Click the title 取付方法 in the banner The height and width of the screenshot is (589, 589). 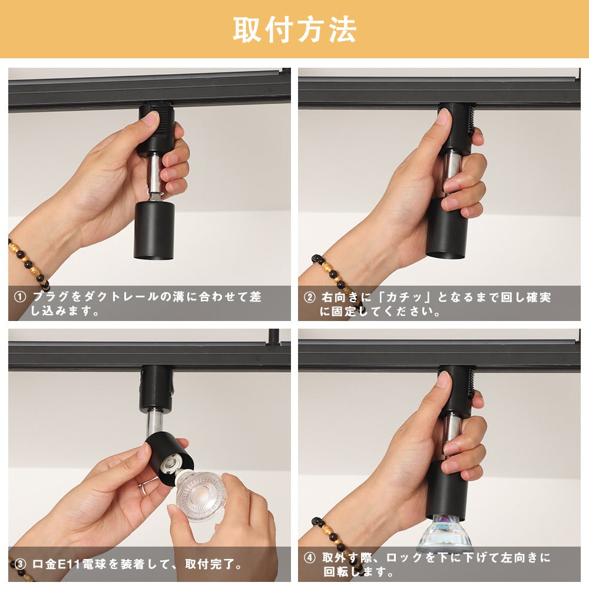pos(294,29)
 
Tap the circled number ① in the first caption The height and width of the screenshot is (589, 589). pos(20,297)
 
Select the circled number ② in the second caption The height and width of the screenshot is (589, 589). pos(310,297)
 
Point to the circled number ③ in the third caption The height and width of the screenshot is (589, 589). pos(20,564)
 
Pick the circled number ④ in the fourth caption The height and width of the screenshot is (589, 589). pos(310,558)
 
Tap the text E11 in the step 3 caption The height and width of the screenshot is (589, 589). pos(70,564)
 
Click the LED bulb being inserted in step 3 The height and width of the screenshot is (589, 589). pos(200,495)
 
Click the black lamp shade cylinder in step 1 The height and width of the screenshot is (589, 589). pos(154,230)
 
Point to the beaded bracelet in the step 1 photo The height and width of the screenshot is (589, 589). pos(28,263)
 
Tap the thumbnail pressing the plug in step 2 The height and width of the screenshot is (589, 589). pos(444,117)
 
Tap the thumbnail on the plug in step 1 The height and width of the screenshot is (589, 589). pos(152,119)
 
